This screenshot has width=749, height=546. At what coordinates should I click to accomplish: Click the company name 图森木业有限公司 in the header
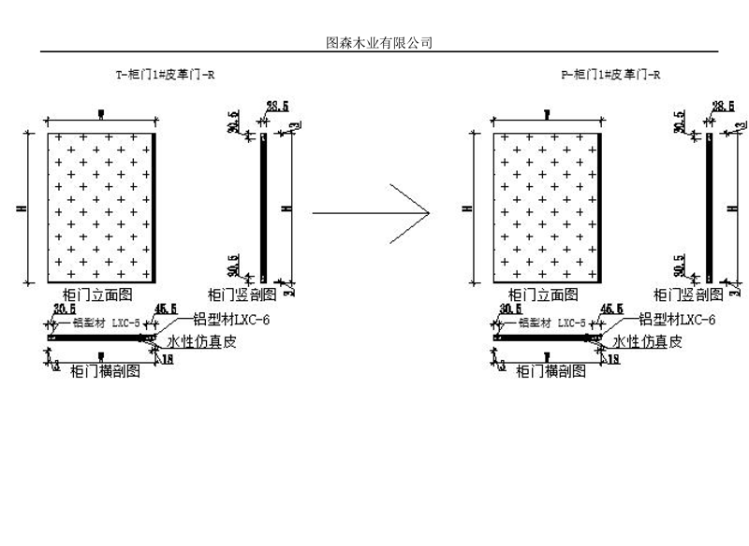[x=377, y=43]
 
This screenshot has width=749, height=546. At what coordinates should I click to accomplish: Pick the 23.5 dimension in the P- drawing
[x=723, y=107]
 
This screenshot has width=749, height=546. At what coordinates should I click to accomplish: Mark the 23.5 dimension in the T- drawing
[x=277, y=107]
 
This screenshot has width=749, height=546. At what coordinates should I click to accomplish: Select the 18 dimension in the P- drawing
[x=615, y=360]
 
